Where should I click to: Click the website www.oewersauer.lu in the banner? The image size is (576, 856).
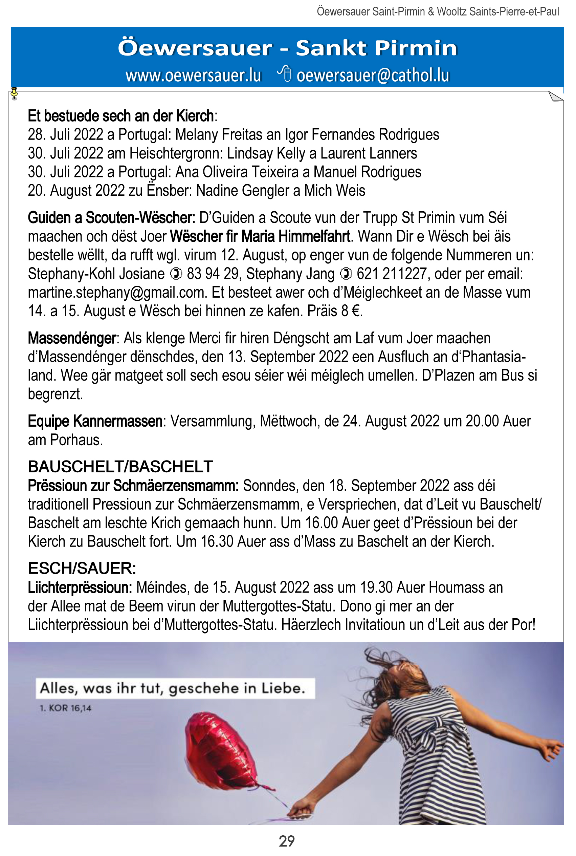193,76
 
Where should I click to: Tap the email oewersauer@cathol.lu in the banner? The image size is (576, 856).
373,76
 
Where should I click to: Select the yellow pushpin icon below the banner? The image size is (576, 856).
14,93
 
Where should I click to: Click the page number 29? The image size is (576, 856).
287,841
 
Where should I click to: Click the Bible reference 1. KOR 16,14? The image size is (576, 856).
65,708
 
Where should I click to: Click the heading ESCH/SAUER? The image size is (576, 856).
82,568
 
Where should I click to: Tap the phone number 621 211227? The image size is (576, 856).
392,274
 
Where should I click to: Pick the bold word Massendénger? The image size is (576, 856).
72,338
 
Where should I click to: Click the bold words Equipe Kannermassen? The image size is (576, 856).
95,421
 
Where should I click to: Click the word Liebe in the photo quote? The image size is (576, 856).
283,688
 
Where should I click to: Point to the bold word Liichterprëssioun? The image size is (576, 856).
80,587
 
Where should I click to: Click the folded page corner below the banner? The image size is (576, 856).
555,96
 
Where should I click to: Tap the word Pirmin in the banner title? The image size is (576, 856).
416,48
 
